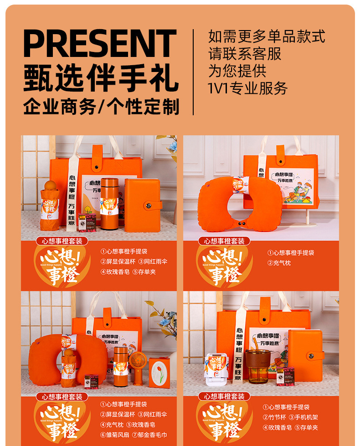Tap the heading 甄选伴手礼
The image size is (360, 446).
pyautogui.click(x=100, y=78)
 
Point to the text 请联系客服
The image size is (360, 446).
pyautogui.click(x=245, y=54)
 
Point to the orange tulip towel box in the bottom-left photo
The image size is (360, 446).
pyautogui.click(x=159, y=373)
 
